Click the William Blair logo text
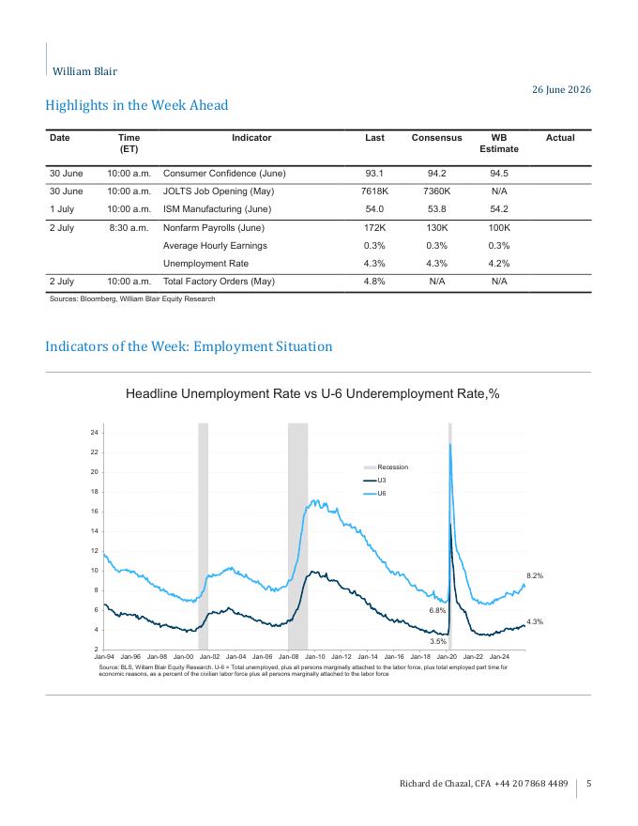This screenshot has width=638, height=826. click(84, 71)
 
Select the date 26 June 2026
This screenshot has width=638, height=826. click(561, 89)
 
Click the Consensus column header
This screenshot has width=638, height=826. click(436, 137)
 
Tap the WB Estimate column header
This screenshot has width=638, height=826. click(498, 144)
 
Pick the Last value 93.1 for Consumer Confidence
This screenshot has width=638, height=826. click(374, 174)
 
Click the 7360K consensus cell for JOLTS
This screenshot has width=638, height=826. click(436, 191)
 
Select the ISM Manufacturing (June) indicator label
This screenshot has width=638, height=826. click(217, 209)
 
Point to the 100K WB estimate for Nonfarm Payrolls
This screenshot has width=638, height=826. click(499, 227)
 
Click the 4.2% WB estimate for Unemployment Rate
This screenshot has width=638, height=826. click(499, 264)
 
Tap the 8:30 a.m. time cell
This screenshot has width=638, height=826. click(129, 227)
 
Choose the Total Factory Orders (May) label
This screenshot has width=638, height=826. click(219, 282)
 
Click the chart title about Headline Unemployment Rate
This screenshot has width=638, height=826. click(312, 393)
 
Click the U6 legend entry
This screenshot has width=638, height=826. click(374, 494)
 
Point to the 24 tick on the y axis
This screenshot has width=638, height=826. click(94, 433)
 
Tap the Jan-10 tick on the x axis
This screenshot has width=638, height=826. click(315, 657)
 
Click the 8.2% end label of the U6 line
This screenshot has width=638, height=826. click(535, 575)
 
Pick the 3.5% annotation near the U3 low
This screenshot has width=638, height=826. click(438, 642)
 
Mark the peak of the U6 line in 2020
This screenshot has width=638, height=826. click(450, 444)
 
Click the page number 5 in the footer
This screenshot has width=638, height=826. click(588, 784)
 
